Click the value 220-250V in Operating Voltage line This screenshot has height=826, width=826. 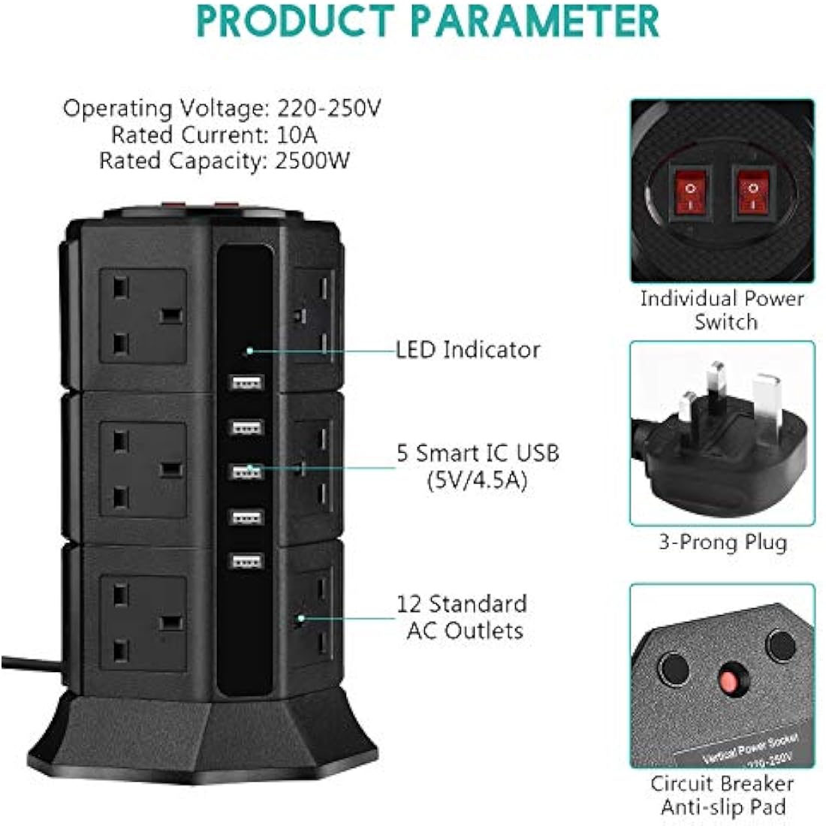(x=330, y=109)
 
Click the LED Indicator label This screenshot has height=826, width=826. (x=468, y=350)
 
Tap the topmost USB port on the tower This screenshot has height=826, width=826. (x=246, y=383)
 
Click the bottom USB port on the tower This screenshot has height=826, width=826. (x=246, y=562)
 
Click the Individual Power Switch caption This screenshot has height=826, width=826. (x=722, y=310)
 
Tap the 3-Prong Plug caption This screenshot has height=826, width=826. (x=722, y=542)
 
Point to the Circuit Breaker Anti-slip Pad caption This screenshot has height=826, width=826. (x=722, y=795)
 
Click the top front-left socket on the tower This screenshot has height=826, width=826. (x=143, y=316)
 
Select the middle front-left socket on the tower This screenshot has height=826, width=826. (x=143, y=469)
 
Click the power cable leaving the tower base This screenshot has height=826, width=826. (x=30, y=663)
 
